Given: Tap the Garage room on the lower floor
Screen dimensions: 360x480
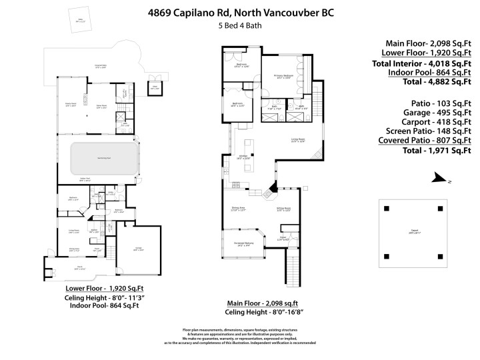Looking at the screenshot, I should coord(139,248).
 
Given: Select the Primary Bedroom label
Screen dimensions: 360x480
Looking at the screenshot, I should coord(284,77).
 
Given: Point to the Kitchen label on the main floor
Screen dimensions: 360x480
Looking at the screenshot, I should coord(243,158).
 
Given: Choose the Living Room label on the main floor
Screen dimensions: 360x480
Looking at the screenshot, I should coord(297,140).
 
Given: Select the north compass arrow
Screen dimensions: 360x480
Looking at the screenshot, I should coord(438,177).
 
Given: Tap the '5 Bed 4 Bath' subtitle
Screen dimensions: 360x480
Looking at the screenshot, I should coord(239,26).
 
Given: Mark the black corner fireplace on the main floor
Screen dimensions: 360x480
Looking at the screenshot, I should coord(273,188).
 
